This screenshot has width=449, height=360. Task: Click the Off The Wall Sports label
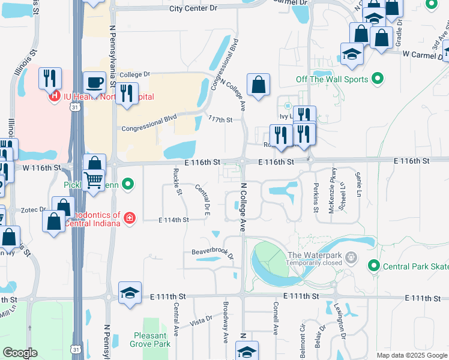point(331,79)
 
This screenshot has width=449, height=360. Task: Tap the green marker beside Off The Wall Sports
point(378,79)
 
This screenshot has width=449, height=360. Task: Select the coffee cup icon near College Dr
point(94,82)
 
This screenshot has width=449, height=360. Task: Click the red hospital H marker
point(54,95)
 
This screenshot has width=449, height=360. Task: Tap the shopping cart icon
point(94,179)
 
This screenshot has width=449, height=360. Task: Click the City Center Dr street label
point(193,8)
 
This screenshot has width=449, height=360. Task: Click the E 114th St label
point(173,220)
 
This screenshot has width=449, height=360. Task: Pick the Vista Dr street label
point(201,320)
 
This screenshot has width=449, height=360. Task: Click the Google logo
point(20,353)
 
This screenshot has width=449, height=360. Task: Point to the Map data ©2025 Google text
point(412,355)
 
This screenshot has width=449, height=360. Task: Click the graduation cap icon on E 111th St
point(130,293)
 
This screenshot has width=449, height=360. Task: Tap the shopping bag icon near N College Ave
point(258,85)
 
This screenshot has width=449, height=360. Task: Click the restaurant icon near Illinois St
point(50,79)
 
